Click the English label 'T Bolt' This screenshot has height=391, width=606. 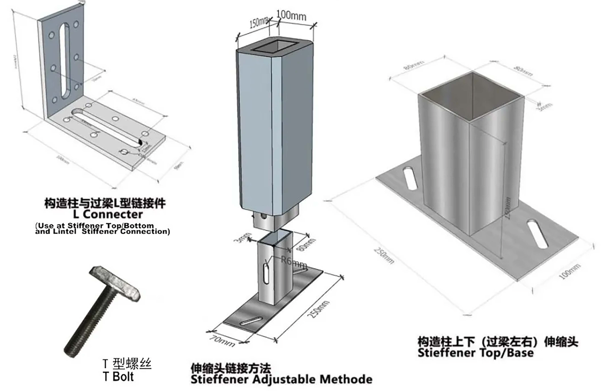118,376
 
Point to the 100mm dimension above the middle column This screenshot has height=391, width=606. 291,15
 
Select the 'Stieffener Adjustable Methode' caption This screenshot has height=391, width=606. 281,379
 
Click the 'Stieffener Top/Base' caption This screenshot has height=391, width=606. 475,353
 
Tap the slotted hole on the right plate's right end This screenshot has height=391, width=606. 536,233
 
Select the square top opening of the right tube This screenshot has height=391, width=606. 471,92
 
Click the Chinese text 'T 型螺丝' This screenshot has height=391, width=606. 124,364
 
